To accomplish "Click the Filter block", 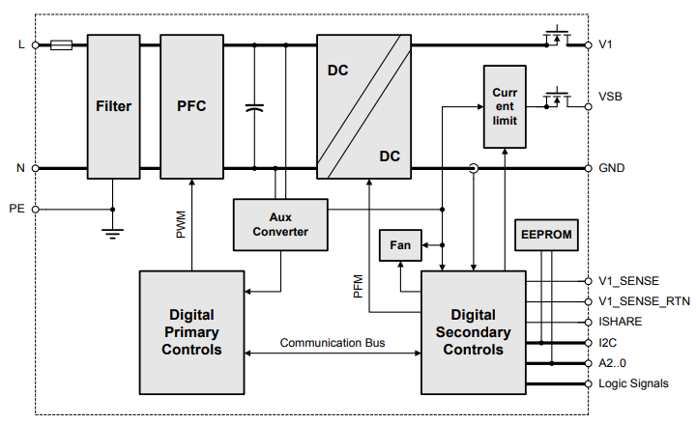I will [x=113, y=106].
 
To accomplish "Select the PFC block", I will [x=191, y=106].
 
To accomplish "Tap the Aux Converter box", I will [x=281, y=224].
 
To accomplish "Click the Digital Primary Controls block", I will [x=191, y=331].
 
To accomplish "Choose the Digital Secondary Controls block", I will [x=474, y=331].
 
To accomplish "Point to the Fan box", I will [x=399, y=245].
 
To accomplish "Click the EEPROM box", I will [x=547, y=235].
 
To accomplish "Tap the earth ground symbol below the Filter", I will [x=113, y=232].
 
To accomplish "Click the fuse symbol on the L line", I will [x=62, y=44].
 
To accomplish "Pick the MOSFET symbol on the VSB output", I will [x=556, y=99].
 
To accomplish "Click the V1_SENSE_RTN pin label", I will [x=644, y=300].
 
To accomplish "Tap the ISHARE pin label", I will [x=621, y=322].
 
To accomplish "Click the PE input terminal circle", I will [x=36, y=209].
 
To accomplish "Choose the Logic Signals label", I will [x=633, y=383].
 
